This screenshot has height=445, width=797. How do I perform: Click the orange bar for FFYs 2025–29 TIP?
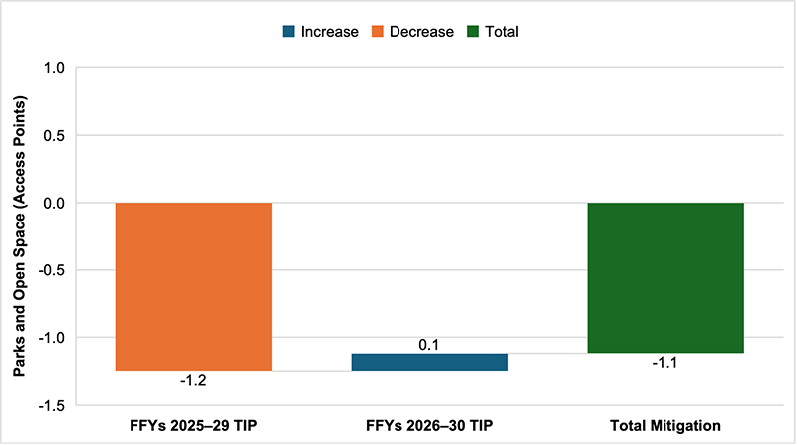[x=193, y=286]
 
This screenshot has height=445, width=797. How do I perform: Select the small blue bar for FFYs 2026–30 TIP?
[x=429, y=362]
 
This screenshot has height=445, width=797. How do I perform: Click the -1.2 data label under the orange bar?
[x=193, y=380]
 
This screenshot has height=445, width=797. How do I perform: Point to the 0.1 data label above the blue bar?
[x=429, y=345]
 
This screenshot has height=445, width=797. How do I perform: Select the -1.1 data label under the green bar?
[x=665, y=363]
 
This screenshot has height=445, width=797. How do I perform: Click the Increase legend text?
[x=329, y=32]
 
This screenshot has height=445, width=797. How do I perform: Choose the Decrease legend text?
[x=422, y=32]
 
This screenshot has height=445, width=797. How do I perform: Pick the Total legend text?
[x=501, y=32]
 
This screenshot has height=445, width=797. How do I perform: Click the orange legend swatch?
[x=380, y=32]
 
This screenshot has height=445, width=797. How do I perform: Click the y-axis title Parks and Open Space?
[x=18, y=236]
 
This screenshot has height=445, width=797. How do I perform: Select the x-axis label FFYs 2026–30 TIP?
[x=429, y=426]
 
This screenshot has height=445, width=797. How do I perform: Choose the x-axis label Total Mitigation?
[x=665, y=426]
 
